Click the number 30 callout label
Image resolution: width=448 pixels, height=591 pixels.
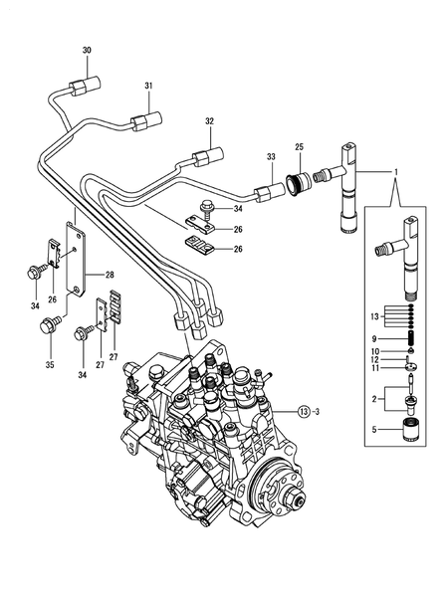86,50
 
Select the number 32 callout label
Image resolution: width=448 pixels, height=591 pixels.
210,121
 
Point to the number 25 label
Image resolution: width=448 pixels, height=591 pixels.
298,147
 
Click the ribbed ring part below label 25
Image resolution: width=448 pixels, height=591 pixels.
298,184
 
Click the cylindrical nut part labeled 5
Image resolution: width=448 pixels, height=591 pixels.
409,435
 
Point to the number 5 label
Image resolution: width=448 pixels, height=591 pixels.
375,431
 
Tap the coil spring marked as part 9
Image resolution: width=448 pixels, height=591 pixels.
408,337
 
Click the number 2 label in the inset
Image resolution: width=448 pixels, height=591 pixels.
375,398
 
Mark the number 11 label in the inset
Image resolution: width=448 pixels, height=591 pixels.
375,367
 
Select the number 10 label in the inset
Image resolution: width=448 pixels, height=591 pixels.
375,350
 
